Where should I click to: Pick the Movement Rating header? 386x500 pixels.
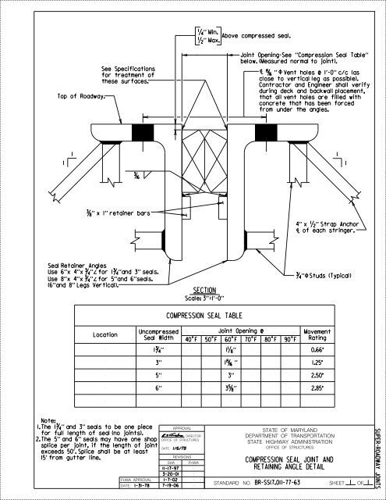click(338, 334)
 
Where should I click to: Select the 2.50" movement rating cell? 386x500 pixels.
click(338, 375)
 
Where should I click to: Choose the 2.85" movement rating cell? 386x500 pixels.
click(338, 387)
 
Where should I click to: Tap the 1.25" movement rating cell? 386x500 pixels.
click(338, 363)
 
